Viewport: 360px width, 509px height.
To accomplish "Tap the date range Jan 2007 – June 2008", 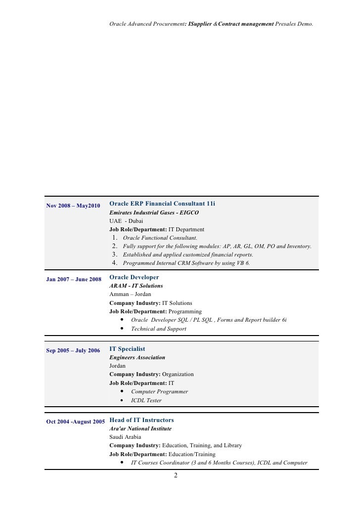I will pyautogui.click(x=74, y=279).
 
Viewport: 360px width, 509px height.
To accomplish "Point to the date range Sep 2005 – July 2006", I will pyautogui.click(x=73, y=350).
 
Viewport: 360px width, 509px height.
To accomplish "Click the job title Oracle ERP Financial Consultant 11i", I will pyautogui.click(x=162, y=204).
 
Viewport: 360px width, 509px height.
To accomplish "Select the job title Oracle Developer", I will pyautogui.click(x=134, y=278).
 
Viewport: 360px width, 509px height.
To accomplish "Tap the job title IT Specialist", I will pyautogui.click(x=127, y=349).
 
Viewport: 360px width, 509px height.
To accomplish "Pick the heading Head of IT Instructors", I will pyautogui.click(x=141, y=420).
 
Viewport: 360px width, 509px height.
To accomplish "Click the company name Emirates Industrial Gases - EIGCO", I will pyautogui.click(x=154, y=212).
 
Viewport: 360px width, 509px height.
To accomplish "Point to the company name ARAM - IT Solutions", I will pyautogui.click(x=136, y=286).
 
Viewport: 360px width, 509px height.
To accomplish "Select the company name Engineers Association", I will pyautogui.click(x=137, y=357).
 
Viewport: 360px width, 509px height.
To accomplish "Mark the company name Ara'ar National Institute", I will pyautogui.click(x=140, y=428).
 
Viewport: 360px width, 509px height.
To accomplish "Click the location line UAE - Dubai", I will pyautogui.click(x=126, y=221).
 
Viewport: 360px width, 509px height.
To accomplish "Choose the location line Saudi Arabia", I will pyautogui.click(x=125, y=437).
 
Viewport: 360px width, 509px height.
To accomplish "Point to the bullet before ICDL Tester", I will pyautogui.click(x=121, y=400).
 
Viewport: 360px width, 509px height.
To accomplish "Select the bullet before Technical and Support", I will pyautogui.click(x=121, y=329).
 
